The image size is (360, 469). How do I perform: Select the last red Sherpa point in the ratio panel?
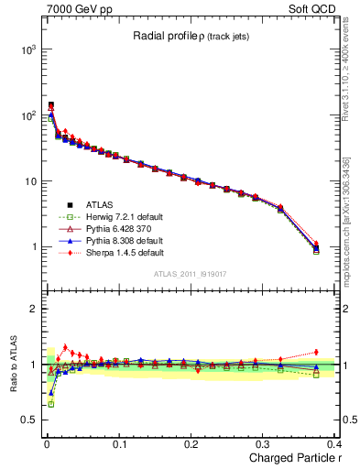(316, 352)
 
